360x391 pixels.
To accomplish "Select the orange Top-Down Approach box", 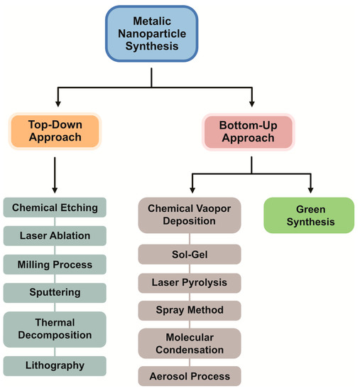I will click(x=55, y=130).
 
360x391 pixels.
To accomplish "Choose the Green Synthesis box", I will click(x=309, y=215).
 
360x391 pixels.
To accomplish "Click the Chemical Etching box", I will click(x=55, y=208).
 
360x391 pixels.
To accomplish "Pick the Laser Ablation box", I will click(x=55, y=236).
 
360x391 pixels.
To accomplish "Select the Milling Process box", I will click(x=55, y=264).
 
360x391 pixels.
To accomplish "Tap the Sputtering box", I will click(x=55, y=292).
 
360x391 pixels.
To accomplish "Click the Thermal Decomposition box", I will click(x=55, y=328).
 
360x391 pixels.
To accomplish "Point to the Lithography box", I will click(x=55, y=365).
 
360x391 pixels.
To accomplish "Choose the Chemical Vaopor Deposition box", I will click(x=190, y=215).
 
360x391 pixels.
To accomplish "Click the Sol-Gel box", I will click(x=190, y=254).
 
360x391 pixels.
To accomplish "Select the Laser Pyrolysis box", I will click(x=190, y=282).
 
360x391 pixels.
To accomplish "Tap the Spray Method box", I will click(x=190, y=310).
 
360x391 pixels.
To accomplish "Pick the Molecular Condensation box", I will click(x=190, y=343).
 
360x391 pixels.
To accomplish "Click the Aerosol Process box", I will click(x=190, y=375).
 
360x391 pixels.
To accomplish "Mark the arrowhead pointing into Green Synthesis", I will click(x=310, y=191).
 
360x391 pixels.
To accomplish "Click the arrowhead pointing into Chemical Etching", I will click(x=55, y=191).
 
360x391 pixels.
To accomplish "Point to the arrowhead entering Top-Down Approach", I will click(x=55, y=104).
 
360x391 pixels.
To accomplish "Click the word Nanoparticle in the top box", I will click(x=152, y=33).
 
